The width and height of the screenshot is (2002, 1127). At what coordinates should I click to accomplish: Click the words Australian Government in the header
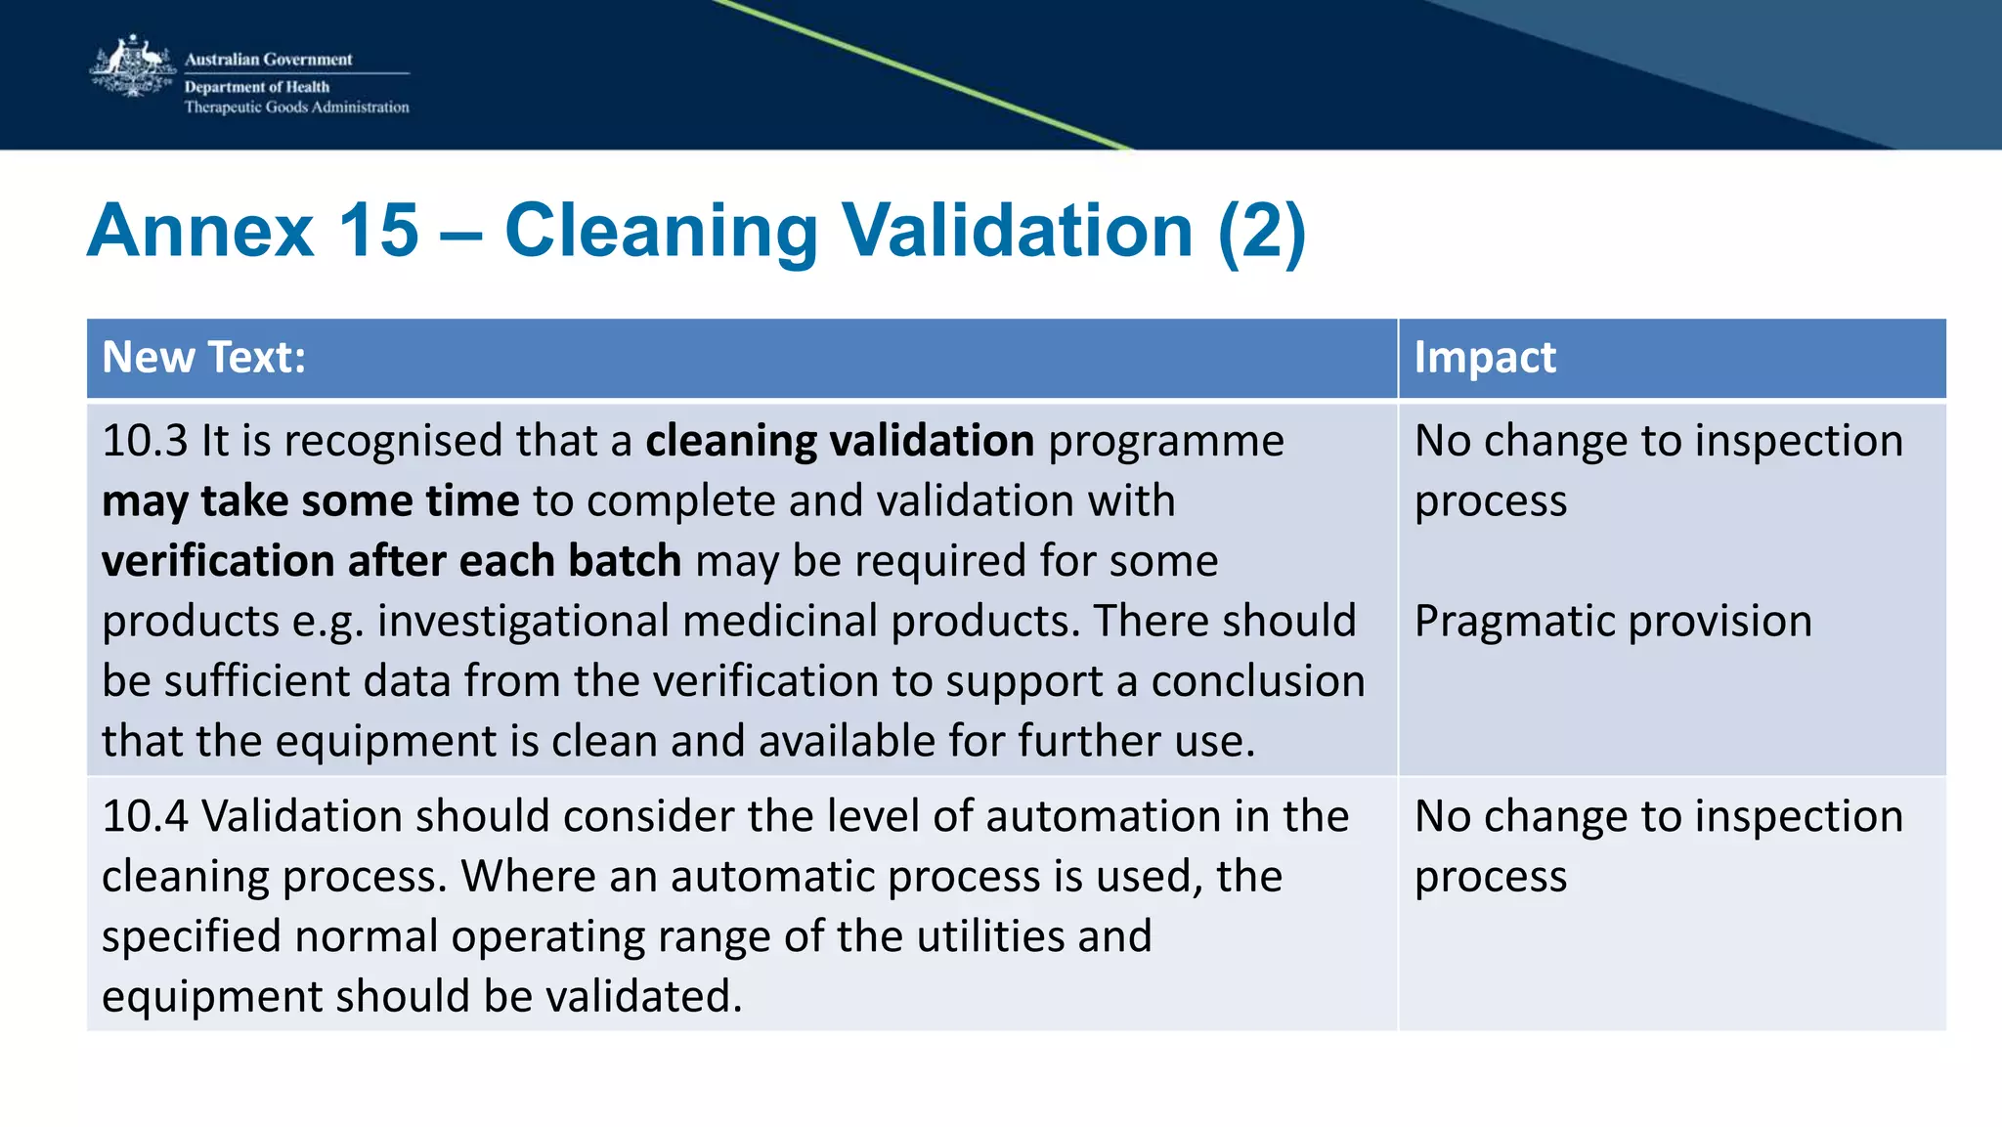[268, 60]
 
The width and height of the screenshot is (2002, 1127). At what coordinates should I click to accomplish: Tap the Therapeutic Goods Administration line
[296, 108]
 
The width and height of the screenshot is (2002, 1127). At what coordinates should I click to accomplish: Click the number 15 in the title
[378, 231]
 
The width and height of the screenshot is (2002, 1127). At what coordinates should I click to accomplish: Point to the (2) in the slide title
[1261, 231]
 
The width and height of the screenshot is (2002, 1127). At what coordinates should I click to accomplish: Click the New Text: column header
[203, 358]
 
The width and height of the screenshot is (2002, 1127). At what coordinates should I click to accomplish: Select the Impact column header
[1484, 358]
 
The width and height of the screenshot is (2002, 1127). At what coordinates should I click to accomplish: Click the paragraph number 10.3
[145, 441]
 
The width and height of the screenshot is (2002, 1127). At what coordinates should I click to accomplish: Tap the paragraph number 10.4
[145, 816]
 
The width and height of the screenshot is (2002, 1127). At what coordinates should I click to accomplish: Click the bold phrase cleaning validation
[839, 441]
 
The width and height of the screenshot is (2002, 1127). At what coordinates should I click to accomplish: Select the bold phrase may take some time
[310, 501]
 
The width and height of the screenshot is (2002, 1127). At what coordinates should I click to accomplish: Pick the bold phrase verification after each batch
[391, 561]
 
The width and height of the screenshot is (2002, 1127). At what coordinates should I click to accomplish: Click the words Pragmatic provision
[1613, 622]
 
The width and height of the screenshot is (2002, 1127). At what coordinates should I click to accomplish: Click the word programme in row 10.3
[1165, 441]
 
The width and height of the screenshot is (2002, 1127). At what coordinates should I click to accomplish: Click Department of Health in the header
[256, 87]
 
